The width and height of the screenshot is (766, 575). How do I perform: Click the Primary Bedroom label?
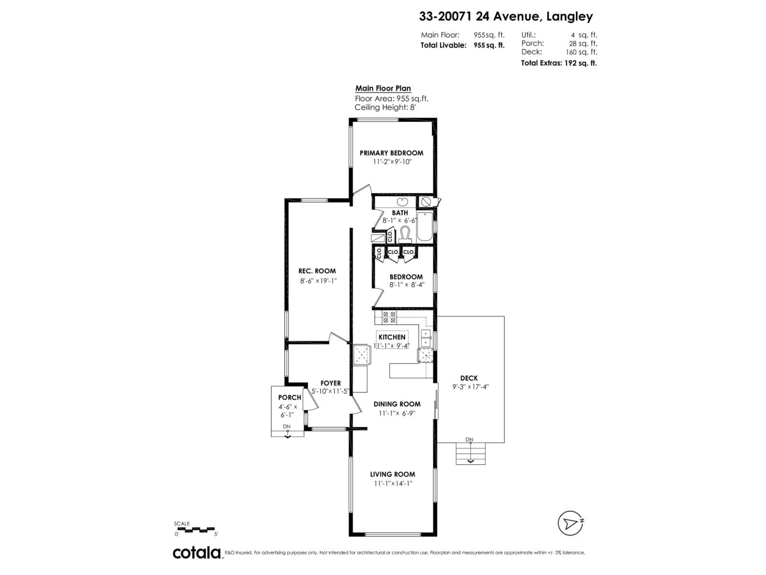click(x=391, y=153)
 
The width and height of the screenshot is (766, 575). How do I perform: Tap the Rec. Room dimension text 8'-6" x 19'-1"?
click(x=318, y=281)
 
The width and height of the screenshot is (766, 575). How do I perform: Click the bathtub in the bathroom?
click(x=425, y=227)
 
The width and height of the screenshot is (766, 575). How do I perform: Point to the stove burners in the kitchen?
click(x=389, y=317)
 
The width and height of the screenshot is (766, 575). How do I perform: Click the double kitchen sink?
click(x=426, y=338)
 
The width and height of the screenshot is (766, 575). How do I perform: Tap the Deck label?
click(x=469, y=378)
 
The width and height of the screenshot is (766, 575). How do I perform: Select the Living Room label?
click(x=392, y=474)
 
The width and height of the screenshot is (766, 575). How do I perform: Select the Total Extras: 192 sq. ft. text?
click(x=559, y=63)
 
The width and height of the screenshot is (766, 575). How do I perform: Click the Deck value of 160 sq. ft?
click(x=581, y=52)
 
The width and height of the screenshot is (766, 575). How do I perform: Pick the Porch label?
click(x=289, y=398)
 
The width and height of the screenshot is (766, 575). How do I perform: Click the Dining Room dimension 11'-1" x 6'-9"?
click(x=397, y=413)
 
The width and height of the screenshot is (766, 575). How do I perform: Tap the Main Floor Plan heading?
click(x=383, y=88)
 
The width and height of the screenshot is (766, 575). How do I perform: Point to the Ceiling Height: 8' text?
click(x=385, y=107)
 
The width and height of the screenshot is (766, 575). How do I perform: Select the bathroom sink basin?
click(x=402, y=202)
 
